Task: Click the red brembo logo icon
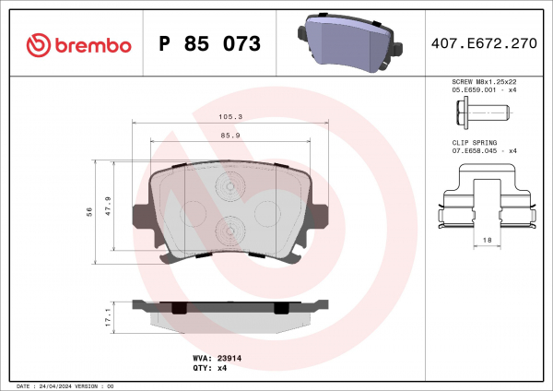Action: [39, 45]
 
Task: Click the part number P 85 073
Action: [209, 43]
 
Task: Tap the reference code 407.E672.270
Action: [484, 43]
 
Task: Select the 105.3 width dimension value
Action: [230, 117]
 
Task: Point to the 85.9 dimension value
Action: [230, 136]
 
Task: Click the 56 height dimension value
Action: [89, 212]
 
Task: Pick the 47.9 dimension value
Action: [108, 206]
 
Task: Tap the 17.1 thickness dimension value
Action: [108, 317]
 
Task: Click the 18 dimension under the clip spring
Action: [487, 240]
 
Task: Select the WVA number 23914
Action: [229, 358]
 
